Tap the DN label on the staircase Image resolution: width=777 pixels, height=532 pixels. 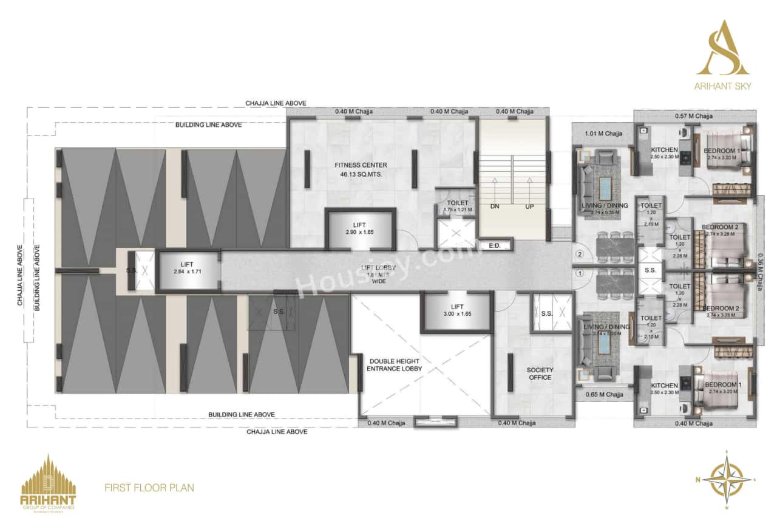[495, 206]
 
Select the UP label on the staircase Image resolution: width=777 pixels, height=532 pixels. [529, 206]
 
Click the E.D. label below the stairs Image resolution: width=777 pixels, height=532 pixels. [494, 245]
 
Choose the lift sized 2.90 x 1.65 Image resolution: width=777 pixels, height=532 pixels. [361, 229]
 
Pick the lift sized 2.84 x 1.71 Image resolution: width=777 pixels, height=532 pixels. [187, 268]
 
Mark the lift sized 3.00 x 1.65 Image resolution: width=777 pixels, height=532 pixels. [456, 310]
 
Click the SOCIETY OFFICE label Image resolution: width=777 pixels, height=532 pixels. [540, 373]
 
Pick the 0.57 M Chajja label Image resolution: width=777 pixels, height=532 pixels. [694, 116]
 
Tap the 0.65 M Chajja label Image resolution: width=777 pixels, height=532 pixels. [604, 395]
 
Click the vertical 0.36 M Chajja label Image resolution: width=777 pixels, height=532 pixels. [761, 271]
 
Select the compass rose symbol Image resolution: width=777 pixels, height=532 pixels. [726, 480]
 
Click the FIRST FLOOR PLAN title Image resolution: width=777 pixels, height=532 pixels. [149, 487]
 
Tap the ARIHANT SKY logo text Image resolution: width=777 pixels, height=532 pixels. [722, 86]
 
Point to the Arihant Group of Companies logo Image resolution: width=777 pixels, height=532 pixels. [49, 483]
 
